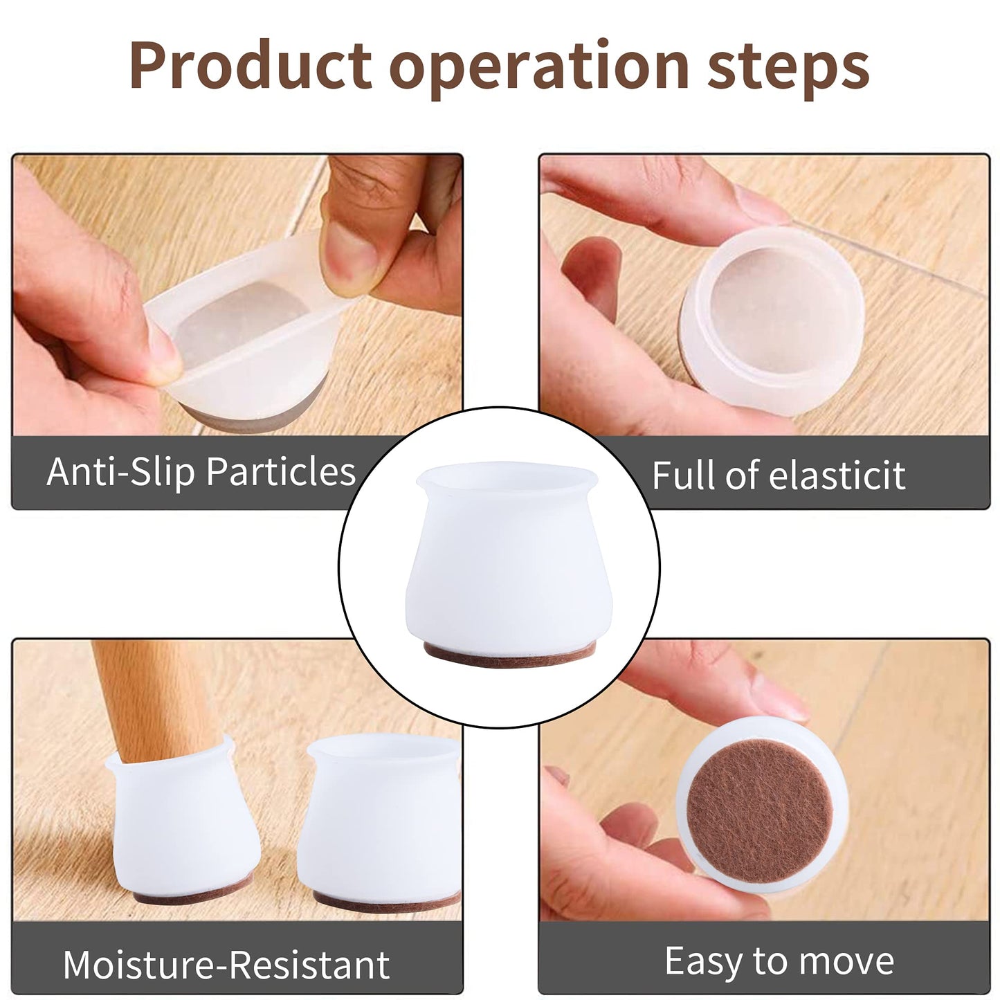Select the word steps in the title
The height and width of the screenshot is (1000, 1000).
pyautogui.click(x=788, y=70)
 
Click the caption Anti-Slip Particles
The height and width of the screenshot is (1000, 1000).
pyautogui.click(x=201, y=472)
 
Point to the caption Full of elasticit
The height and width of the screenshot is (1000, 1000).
pyautogui.click(x=779, y=474)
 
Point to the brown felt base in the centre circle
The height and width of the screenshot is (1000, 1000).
pyautogui.click(x=509, y=654)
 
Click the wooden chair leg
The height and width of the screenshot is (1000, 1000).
pyautogui.click(x=158, y=700)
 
